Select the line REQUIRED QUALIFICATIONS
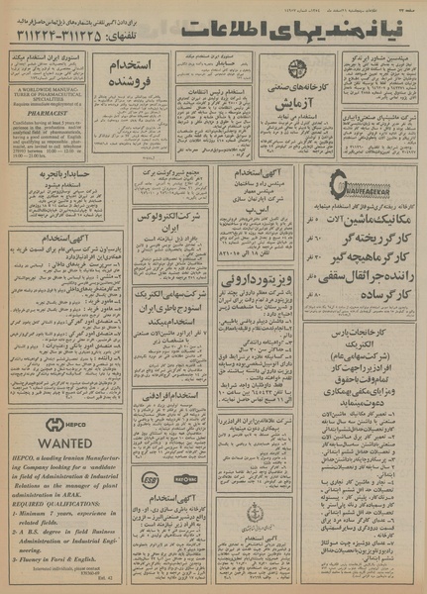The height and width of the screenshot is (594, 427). click(57, 504)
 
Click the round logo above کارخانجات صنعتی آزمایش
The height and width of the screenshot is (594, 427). click(296, 69)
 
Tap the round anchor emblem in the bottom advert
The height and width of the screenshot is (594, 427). click(255, 513)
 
